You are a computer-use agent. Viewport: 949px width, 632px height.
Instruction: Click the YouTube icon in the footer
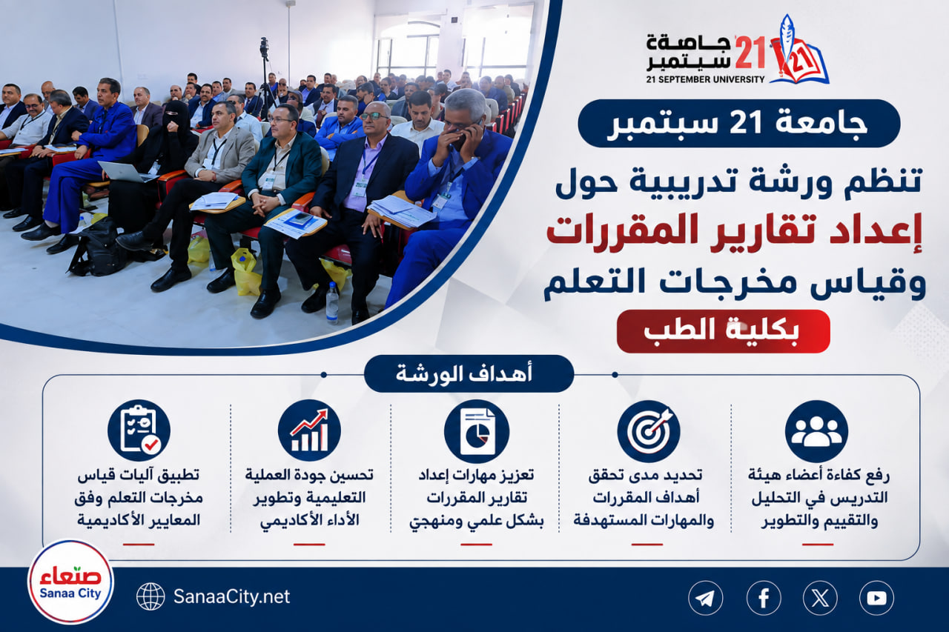(876, 598)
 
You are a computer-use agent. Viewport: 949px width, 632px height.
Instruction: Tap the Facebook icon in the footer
(764, 598)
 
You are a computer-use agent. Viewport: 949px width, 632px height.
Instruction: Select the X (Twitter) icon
(820, 598)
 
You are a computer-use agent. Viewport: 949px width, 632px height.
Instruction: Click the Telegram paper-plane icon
(705, 598)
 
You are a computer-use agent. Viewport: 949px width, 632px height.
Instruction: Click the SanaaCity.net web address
(232, 596)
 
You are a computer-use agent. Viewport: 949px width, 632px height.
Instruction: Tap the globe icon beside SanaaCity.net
(151, 596)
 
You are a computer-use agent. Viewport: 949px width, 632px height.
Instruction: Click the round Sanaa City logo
(70, 582)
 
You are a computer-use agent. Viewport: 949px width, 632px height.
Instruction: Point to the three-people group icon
(816, 431)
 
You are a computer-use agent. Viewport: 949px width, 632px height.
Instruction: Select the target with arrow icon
(648, 431)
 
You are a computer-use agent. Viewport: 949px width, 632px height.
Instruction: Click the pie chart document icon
(477, 431)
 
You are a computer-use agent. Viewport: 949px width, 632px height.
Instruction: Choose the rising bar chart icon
(309, 430)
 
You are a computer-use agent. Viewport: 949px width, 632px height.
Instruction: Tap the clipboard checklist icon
(139, 430)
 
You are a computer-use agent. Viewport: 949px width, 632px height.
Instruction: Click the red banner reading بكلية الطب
(723, 331)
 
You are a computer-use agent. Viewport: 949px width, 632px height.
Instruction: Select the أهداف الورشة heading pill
(469, 373)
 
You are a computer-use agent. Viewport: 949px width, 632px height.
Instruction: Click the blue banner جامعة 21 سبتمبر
(739, 123)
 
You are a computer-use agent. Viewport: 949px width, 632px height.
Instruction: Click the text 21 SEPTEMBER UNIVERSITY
(705, 79)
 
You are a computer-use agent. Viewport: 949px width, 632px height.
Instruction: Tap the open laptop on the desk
(127, 172)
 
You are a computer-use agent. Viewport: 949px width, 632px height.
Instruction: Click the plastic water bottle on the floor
(332, 303)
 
